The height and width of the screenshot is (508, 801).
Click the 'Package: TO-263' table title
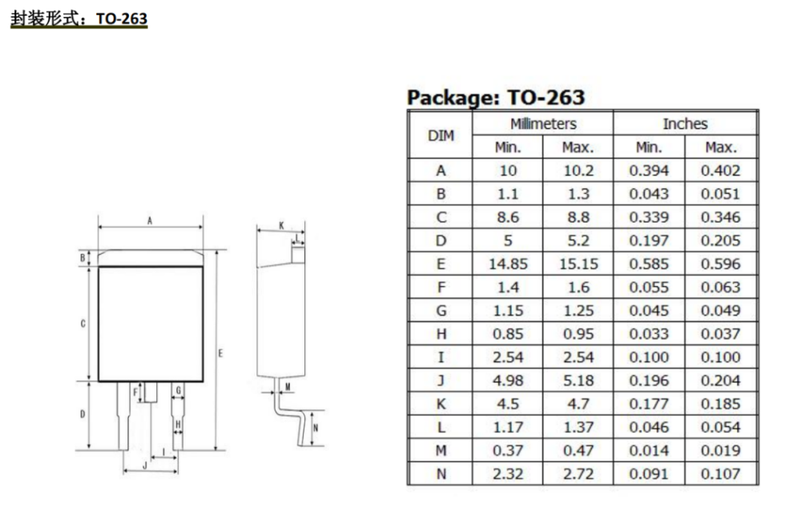pos(496,98)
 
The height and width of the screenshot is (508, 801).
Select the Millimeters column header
pos(543,123)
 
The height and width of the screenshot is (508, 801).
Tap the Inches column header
pos(685,123)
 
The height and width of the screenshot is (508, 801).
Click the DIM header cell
pos(441,135)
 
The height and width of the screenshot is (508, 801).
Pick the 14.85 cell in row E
pos(508,264)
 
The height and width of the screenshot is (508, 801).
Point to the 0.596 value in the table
pos(720,264)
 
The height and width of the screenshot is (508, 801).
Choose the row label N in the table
pos(441,474)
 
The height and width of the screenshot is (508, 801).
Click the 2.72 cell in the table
pos(578,474)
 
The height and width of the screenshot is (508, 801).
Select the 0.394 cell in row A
pos(649,171)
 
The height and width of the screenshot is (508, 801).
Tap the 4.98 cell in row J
pos(508,381)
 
